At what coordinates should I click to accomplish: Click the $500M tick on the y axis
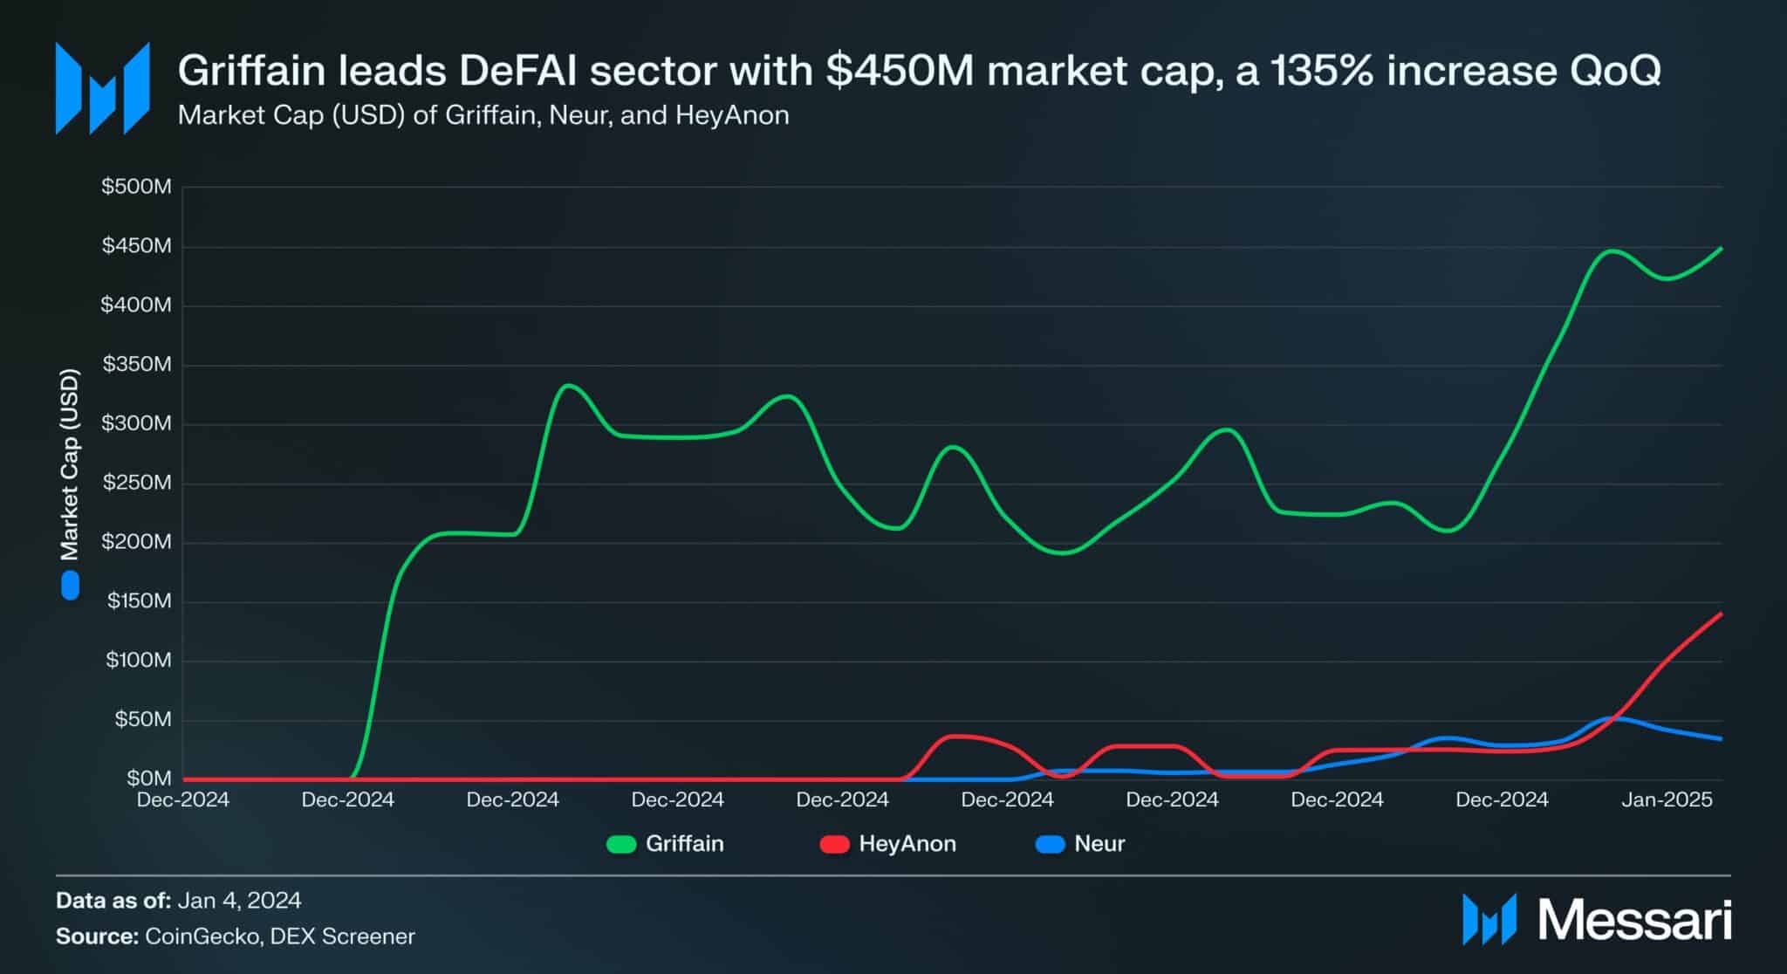(136, 187)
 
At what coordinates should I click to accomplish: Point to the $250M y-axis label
(136, 483)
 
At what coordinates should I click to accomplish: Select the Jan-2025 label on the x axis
(1667, 799)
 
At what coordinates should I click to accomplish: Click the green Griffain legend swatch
(621, 844)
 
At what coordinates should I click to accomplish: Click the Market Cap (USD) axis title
(70, 464)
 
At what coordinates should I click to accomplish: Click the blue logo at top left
(102, 88)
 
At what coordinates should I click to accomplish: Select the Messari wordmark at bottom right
(1633, 920)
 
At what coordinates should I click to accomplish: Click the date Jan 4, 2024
(239, 900)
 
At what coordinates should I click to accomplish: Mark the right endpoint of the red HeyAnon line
(1721, 614)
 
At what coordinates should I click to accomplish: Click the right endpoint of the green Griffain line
(1721, 249)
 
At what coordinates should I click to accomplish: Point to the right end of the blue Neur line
(1721, 739)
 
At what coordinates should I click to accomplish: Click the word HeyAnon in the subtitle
(732, 115)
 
